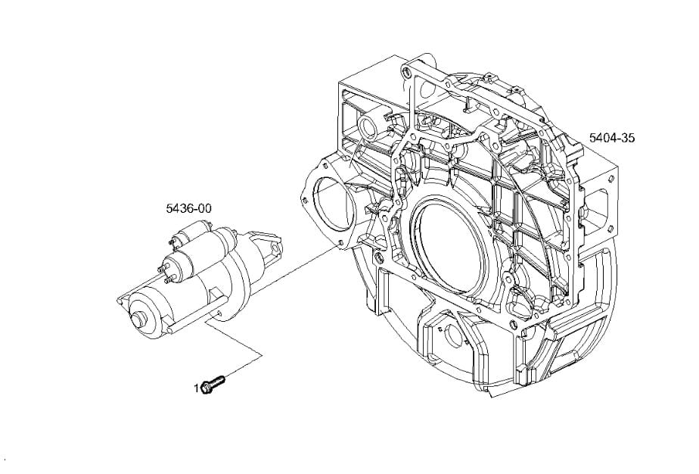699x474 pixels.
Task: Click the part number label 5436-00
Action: [188, 208]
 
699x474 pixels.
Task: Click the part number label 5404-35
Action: [611, 138]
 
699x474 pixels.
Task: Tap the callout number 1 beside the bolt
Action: [197, 388]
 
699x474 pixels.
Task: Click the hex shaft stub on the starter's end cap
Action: [140, 320]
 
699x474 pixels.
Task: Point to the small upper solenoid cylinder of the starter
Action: [193, 233]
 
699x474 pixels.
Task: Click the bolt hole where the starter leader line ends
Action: [340, 244]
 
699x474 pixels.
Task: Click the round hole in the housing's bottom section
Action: [453, 332]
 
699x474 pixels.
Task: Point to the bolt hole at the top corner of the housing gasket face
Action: [405, 72]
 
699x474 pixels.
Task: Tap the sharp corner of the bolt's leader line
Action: [262, 355]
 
